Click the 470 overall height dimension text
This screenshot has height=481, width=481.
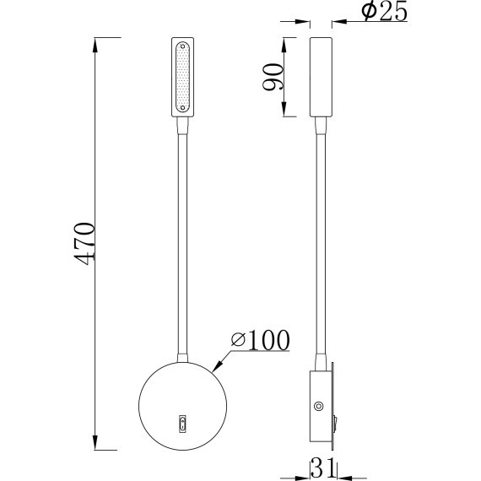pyautogui.click(x=84, y=243)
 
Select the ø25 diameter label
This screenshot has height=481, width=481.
pyautogui.click(x=384, y=12)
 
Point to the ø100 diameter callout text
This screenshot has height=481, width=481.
pyautogui.click(x=259, y=340)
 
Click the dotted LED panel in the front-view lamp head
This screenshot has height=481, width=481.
pyautogui.click(x=184, y=78)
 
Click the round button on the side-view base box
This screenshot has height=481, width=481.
pyautogui.click(x=318, y=407)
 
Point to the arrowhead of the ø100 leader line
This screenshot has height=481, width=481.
pyautogui.click(x=218, y=369)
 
